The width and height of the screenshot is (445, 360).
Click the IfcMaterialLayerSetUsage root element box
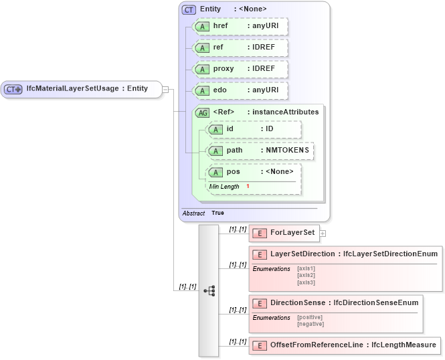[81, 89]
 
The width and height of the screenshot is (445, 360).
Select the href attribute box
[240, 27]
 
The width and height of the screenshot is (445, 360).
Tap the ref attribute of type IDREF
[240, 48]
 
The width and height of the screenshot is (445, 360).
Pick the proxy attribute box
[240, 70]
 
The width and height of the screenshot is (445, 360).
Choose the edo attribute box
[240, 90]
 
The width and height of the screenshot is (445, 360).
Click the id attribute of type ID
[254, 129]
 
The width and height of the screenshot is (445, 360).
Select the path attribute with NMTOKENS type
[260, 151]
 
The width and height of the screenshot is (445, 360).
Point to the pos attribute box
[254, 172]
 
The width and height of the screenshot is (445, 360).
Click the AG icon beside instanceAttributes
[202, 112]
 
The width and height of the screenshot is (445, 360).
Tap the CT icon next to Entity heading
[189, 9]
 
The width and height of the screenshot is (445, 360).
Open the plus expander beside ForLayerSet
[323, 234]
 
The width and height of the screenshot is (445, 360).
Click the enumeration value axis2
[306, 275]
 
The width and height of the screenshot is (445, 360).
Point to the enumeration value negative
[310, 325]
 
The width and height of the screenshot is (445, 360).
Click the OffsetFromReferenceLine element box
[345, 345]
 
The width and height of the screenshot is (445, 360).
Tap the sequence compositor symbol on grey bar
[209, 290]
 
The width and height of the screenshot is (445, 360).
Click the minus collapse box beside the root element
[165, 89]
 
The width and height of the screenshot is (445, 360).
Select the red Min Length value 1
[248, 186]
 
